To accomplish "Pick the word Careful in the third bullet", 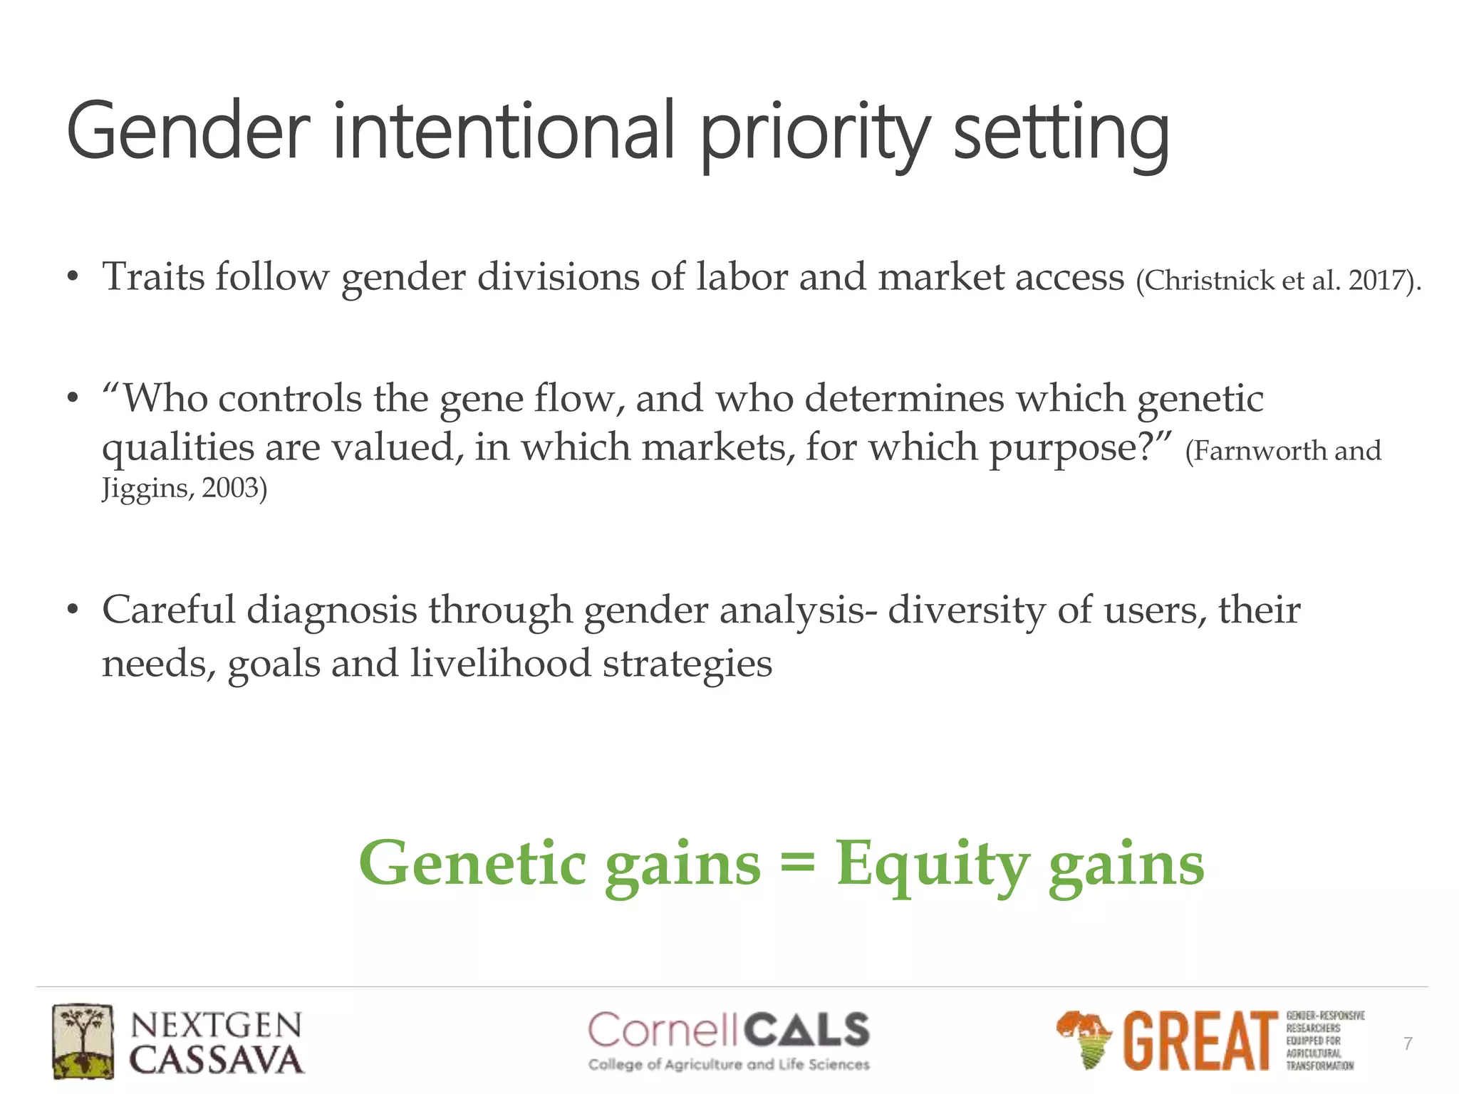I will pyautogui.click(x=168, y=610).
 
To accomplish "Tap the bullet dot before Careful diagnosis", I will pyautogui.click(x=72, y=610).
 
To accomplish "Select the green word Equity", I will pyautogui.click(x=933, y=863).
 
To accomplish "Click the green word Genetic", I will pyautogui.click(x=473, y=863).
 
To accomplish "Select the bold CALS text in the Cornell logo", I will pyautogui.click(x=806, y=1031).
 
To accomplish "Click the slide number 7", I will pyautogui.click(x=1408, y=1044).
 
